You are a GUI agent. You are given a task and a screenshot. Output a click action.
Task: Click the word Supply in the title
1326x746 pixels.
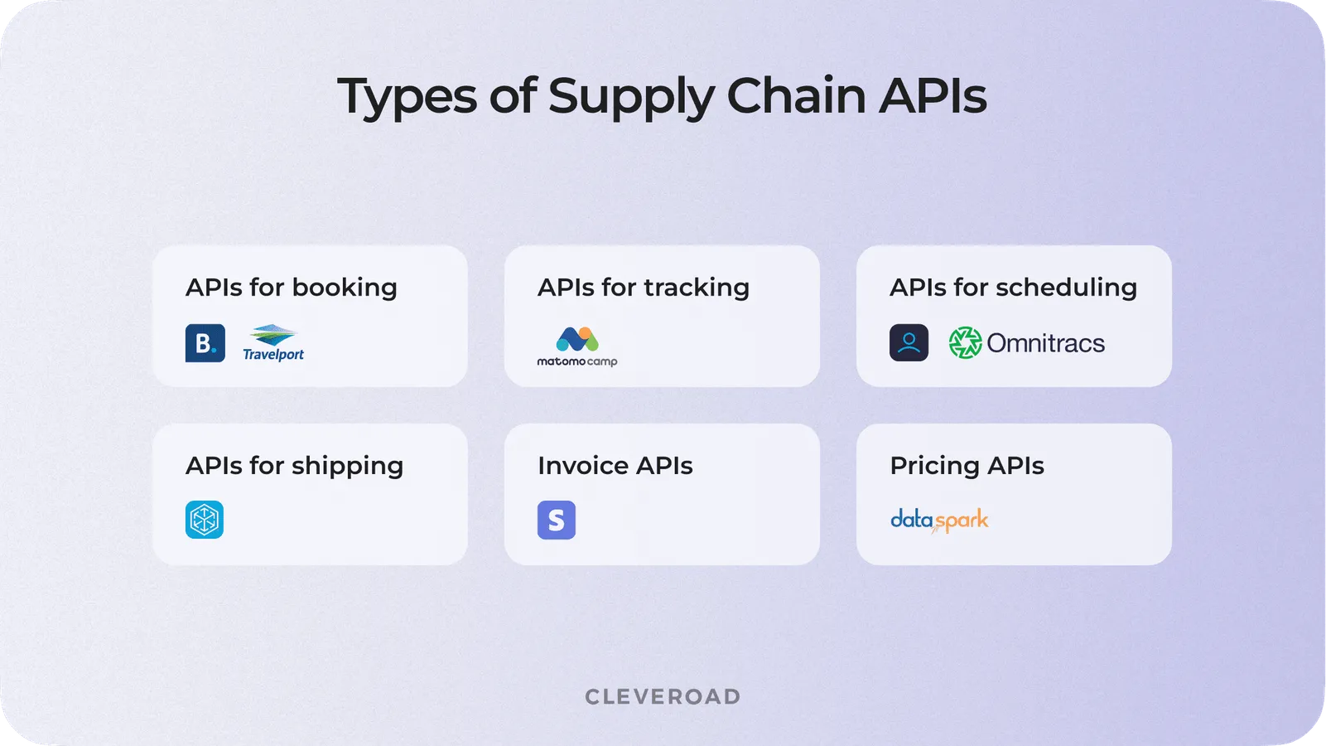pyautogui.click(x=631, y=96)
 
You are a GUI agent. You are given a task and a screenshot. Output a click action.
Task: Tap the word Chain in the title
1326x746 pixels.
pyautogui.click(x=796, y=96)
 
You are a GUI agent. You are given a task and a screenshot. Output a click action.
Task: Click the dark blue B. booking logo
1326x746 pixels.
pyautogui.click(x=205, y=343)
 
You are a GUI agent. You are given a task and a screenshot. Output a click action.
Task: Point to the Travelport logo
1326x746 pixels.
pyautogui.click(x=273, y=343)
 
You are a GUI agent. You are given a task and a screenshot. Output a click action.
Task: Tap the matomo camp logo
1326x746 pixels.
pyautogui.click(x=577, y=346)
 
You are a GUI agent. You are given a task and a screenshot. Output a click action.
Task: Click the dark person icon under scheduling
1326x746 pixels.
pyautogui.click(x=909, y=343)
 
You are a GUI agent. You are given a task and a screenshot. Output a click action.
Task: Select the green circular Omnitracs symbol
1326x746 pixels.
pyautogui.click(x=965, y=343)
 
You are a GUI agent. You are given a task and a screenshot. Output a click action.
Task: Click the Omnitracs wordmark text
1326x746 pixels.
pyautogui.click(x=1045, y=343)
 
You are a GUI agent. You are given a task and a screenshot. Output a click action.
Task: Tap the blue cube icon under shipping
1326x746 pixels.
pyautogui.click(x=205, y=520)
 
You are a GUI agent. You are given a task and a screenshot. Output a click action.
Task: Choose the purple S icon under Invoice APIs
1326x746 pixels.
pyautogui.click(x=557, y=520)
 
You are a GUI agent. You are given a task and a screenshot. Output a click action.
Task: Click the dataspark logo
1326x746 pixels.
pyautogui.click(x=939, y=520)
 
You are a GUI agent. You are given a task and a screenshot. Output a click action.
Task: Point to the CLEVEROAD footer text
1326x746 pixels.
pyautogui.click(x=663, y=696)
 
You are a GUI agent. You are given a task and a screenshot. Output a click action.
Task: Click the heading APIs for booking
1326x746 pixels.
pyautogui.click(x=292, y=288)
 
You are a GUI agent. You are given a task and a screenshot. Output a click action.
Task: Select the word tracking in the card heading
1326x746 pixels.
pyautogui.click(x=697, y=288)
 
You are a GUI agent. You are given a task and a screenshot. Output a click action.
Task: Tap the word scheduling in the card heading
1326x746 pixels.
pyautogui.click(x=1066, y=288)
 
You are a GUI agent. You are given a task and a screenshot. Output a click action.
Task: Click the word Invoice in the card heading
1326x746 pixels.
pyautogui.click(x=583, y=466)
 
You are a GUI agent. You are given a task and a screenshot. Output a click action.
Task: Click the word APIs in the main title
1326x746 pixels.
pyautogui.click(x=933, y=96)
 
